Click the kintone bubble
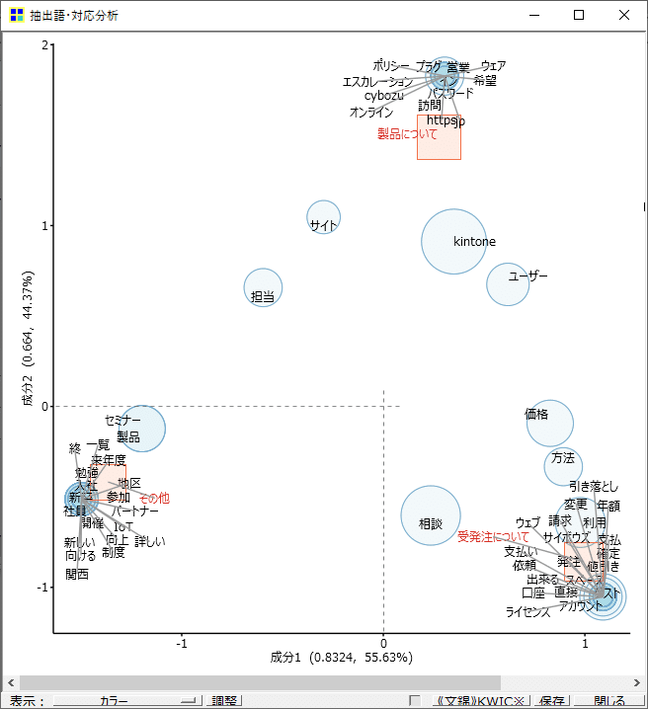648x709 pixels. pyautogui.click(x=454, y=241)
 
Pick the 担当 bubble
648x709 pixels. pyautogui.click(x=263, y=288)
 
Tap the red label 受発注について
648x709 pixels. pyautogui.click(x=493, y=537)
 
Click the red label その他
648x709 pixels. pyautogui.click(x=154, y=499)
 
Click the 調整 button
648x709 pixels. pyautogui.click(x=225, y=701)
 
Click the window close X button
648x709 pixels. pyautogui.click(x=624, y=15)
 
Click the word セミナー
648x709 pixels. pyautogui.click(x=123, y=421)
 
